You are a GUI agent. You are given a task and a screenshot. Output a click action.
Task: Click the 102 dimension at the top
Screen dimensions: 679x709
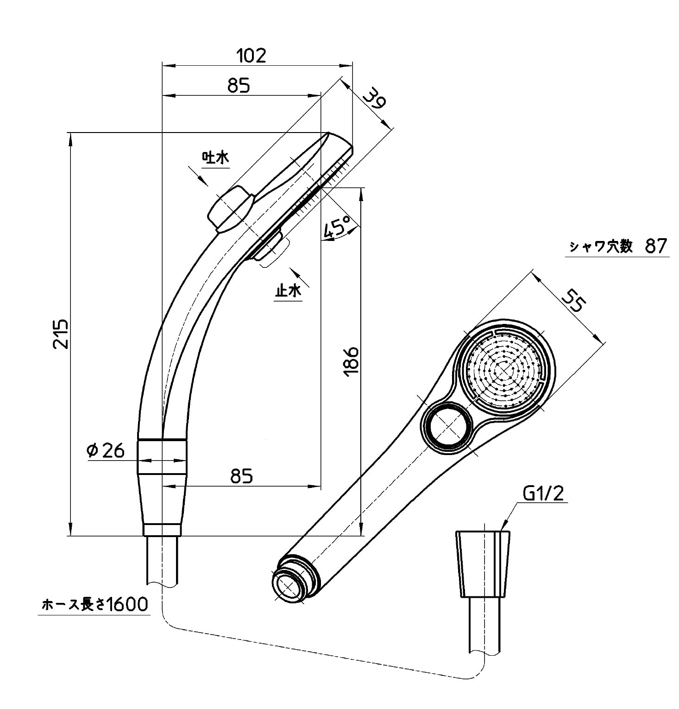pos(251,56)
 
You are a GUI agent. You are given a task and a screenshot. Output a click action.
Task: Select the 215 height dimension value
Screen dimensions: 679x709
pos(61,334)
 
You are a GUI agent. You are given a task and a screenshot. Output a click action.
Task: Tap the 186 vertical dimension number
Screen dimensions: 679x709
pos(352,360)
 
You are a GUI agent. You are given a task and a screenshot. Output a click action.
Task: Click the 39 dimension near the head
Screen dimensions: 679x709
pos(374,99)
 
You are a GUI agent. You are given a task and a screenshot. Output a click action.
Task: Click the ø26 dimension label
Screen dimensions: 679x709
pos(106,450)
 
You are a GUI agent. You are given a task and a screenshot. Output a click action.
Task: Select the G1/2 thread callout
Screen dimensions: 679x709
pos(543,494)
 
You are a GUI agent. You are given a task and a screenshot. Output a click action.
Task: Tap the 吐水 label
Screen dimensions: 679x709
pos(215,158)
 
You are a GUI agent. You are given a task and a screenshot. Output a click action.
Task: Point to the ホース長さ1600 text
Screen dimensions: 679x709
pos(94,604)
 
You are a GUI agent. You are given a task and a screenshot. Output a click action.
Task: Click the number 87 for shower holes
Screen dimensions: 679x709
pos(656,246)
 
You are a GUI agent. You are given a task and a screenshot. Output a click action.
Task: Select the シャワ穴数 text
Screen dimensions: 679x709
pos(601,246)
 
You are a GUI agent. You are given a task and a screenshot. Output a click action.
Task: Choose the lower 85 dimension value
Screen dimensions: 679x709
pos(242,476)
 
